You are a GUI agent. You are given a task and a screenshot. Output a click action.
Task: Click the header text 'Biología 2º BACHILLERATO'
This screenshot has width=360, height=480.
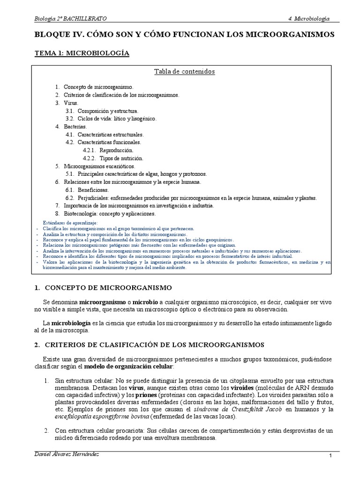tap(70, 18)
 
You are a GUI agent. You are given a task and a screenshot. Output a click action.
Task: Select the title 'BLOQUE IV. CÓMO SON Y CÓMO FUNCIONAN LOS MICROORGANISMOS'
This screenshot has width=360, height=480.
tap(185, 35)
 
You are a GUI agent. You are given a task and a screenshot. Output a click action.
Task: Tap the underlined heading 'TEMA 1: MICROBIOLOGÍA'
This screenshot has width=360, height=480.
tap(82, 53)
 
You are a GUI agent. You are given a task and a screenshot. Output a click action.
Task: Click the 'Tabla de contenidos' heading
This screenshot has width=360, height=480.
tap(185, 72)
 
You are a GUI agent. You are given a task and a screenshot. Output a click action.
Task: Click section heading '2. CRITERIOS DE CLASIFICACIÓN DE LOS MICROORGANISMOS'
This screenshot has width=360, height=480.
tap(150, 345)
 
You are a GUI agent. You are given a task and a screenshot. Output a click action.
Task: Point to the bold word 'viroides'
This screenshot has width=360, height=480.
tap(243, 388)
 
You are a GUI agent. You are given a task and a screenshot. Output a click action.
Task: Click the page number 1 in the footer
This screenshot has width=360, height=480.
tap(330, 456)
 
